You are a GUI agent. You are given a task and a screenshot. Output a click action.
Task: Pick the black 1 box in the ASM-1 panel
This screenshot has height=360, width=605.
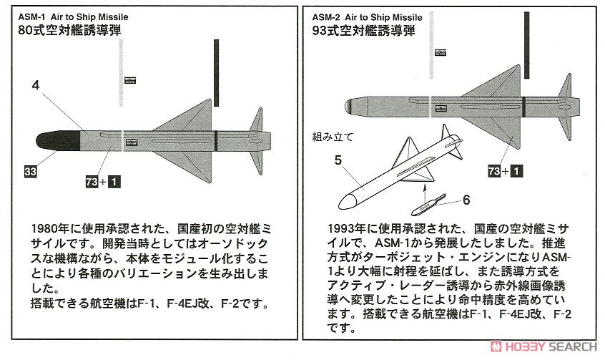tap(114, 182)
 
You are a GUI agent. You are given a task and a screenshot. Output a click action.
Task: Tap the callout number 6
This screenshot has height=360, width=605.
tap(466, 200)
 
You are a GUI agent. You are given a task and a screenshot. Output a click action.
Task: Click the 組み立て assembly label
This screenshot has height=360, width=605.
tap(333, 135)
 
